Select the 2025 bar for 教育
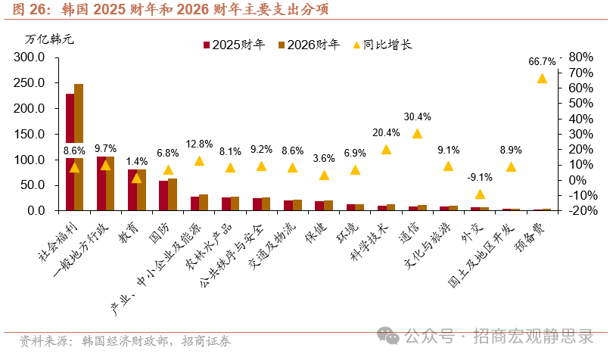pyautogui.click(x=132, y=190)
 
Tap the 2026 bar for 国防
pyautogui.click(x=173, y=194)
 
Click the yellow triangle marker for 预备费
pyautogui.click(x=542, y=79)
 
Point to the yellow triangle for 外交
pyautogui.click(x=480, y=194)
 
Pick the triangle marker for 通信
pyautogui.click(x=417, y=134)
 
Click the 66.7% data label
pyautogui.click(x=542, y=61)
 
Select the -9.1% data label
pyautogui.click(x=480, y=178)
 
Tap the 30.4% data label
pyautogui.click(x=417, y=116)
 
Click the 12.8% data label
pyautogui.click(x=199, y=144)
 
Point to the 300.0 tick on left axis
pyautogui.click(x=30, y=57)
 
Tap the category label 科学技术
pyautogui.click(x=370, y=241)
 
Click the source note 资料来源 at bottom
pyautogui.click(x=125, y=340)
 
